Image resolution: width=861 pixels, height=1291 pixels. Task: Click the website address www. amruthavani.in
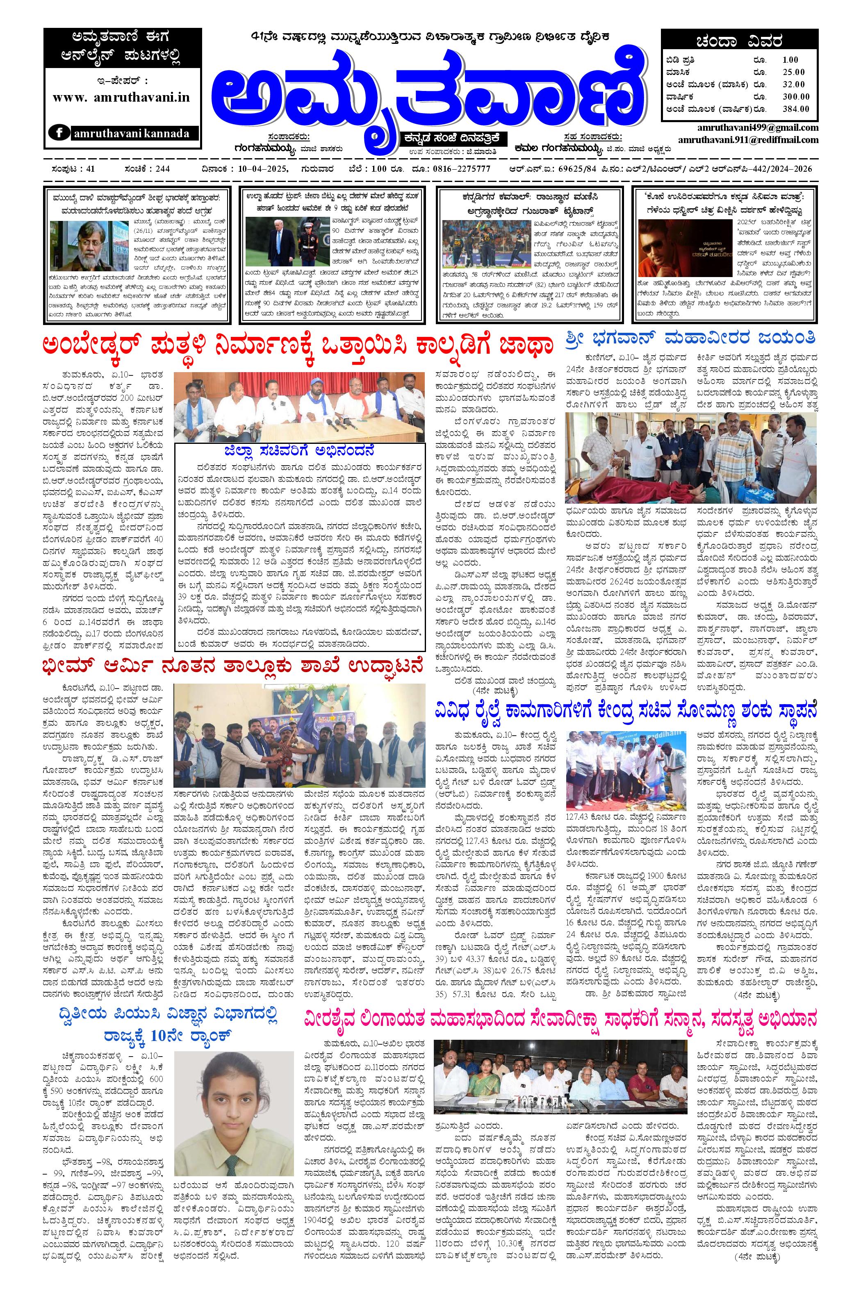(x=121, y=97)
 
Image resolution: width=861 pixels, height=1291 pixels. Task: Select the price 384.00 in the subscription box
(x=796, y=109)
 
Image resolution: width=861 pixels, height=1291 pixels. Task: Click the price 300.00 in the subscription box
(x=796, y=97)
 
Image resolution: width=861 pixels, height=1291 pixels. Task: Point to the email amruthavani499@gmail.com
(x=757, y=127)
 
